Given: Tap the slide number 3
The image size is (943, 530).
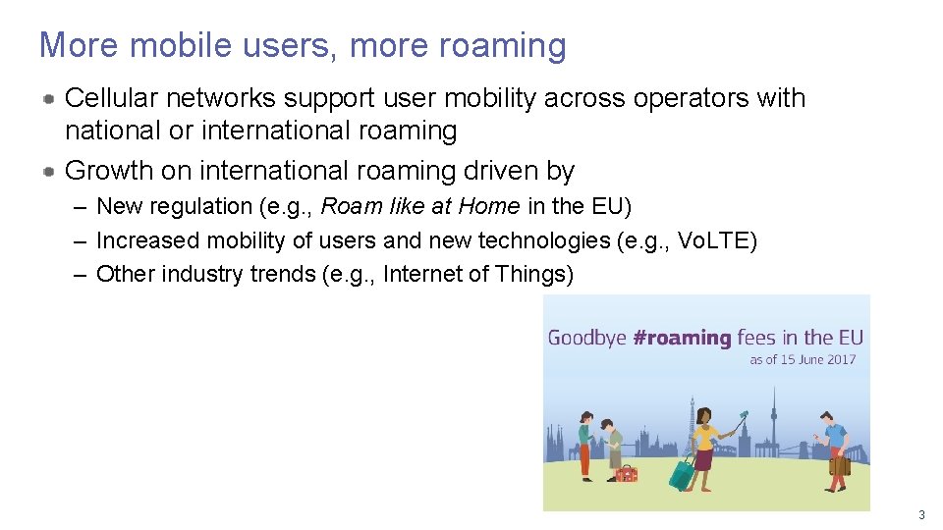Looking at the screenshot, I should pyautogui.click(x=921, y=515).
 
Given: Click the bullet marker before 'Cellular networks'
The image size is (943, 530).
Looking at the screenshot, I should pyautogui.click(x=48, y=98).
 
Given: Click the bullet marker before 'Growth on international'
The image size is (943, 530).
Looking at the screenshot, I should pyautogui.click(x=48, y=171).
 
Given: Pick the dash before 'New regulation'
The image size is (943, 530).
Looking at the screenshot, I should pyautogui.click(x=79, y=206).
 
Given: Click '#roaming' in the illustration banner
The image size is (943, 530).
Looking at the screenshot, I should pyautogui.click(x=683, y=338).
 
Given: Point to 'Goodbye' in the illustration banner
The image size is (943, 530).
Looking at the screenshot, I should pyautogui.click(x=587, y=339).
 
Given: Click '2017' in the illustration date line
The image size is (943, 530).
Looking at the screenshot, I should pyautogui.click(x=841, y=359).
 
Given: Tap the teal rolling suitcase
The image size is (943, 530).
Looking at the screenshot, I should pyautogui.click(x=682, y=474).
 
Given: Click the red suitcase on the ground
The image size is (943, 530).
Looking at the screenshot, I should pyautogui.click(x=626, y=474).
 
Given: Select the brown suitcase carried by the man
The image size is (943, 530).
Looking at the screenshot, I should pyautogui.click(x=839, y=463).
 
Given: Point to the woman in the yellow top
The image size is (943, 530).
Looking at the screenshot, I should pyautogui.click(x=705, y=447).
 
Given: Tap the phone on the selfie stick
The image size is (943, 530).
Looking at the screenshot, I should pyautogui.click(x=744, y=414).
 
